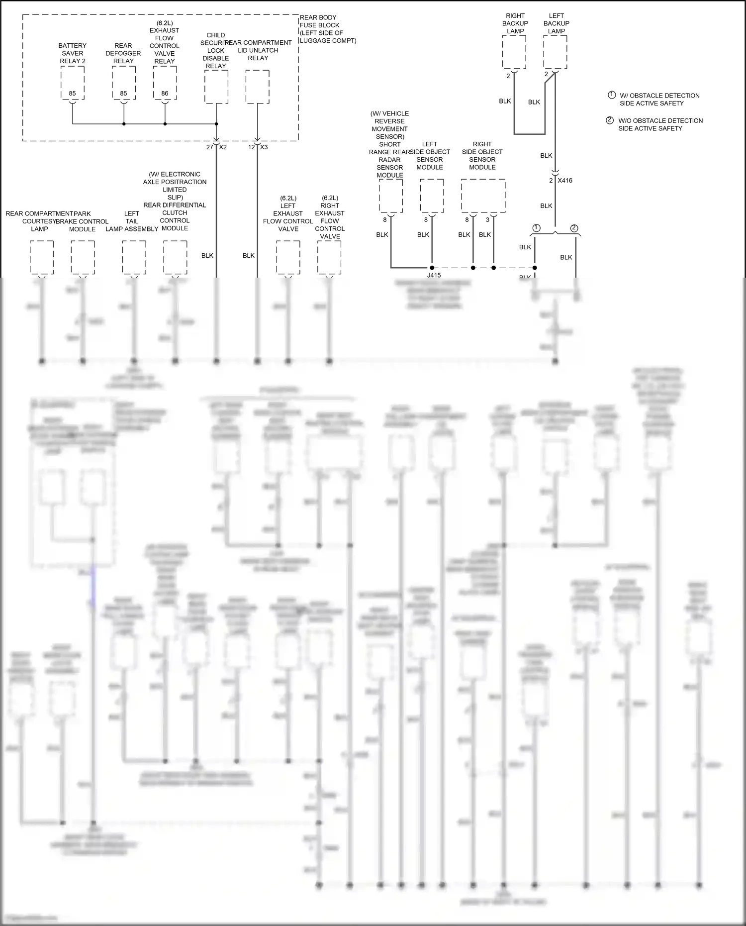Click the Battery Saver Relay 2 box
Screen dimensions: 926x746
(73, 83)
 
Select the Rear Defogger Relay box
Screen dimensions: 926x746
(123, 83)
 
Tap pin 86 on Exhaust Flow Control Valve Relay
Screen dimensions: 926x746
(165, 94)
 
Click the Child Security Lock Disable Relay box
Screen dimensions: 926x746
(216, 87)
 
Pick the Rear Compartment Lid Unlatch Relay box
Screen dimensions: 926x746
(258, 87)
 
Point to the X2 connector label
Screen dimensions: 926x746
(223, 147)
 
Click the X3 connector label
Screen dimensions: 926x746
(264, 147)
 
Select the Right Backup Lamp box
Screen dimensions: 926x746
(514, 52)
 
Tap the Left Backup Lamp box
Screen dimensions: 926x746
(556, 52)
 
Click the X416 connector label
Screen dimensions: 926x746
(565, 181)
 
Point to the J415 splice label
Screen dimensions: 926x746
(434, 275)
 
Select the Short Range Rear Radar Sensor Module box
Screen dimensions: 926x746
(391, 196)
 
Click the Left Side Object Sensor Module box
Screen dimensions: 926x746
(432, 196)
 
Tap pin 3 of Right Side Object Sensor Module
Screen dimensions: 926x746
(487, 220)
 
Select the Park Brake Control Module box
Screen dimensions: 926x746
(83, 257)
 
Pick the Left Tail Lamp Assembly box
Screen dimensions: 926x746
(134, 257)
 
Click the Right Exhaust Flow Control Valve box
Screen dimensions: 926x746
(329, 257)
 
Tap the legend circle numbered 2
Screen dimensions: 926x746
(610, 120)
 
